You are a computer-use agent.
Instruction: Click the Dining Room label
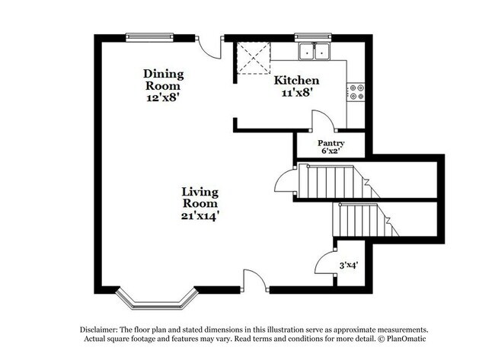[x=163, y=79]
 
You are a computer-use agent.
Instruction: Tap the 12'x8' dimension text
[x=163, y=97]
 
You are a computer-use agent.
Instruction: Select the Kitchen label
[x=296, y=81]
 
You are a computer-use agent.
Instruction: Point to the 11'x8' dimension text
[x=296, y=94]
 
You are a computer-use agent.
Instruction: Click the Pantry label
[x=331, y=143]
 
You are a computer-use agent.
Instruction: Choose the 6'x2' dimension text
[x=331, y=151]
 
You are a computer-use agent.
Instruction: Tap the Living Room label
[x=200, y=197]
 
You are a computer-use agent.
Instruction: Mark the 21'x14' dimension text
[x=200, y=215]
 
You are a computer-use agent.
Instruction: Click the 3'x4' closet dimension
[x=349, y=266]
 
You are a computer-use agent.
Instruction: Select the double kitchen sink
[x=314, y=52]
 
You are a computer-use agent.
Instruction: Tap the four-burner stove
[x=355, y=92]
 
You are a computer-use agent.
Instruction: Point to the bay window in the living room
[x=155, y=299]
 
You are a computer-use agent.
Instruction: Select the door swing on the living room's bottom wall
[x=255, y=280]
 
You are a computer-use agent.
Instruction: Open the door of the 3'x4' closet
[x=325, y=261]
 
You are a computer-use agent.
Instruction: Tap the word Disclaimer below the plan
[x=101, y=329]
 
